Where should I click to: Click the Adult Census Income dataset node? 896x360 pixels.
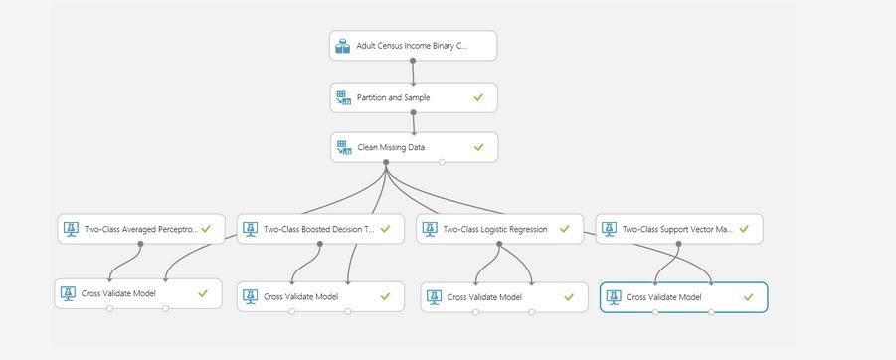[x=412, y=46]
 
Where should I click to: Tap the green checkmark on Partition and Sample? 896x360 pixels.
[x=478, y=98]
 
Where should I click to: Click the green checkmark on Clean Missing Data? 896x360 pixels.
[x=478, y=147]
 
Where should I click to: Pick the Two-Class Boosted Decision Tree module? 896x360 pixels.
[x=319, y=229]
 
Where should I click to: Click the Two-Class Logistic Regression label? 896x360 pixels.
[x=494, y=229]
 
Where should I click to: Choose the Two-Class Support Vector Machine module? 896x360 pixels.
[x=677, y=229]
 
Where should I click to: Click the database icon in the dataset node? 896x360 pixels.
[x=343, y=46]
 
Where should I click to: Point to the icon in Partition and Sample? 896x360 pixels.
[x=343, y=98]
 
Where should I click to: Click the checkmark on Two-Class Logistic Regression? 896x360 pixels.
[x=565, y=229]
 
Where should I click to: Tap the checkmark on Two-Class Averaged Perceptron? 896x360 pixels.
[x=206, y=229]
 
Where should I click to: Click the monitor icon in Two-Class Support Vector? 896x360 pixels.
[x=609, y=229]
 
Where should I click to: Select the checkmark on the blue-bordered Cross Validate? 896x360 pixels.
[x=749, y=297]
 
